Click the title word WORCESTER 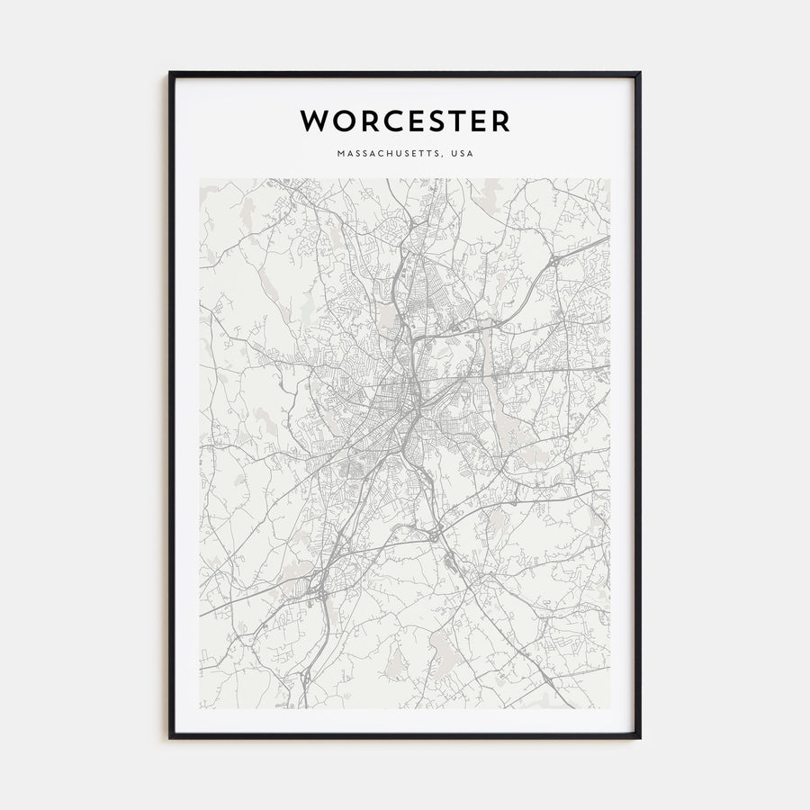pyautogui.click(x=405, y=120)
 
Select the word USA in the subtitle pyautogui.click(x=463, y=154)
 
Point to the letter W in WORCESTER pyautogui.click(x=313, y=120)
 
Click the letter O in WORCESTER pyautogui.click(x=340, y=120)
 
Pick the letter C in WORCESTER pyautogui.click(x=389, y=120)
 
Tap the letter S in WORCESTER pyautogui.click(x=436, y=120)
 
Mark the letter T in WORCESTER pyautogui.click(x=458, y=120)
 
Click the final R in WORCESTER pyautogui.click(x=501, y=120)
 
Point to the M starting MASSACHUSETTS pyautogui.click(x=341, y=154)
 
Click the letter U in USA pyautogui.click(x=455, y=154)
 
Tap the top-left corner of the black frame pyautogui.click(x=170, y=73)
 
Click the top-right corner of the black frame pyautogui.click(x=640, y=73)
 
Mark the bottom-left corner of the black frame pyautogui.click(x=170, y=738)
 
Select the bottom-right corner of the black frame pyautogui.click(x=640, y=738)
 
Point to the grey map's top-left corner pyautogui.click(x=200, y=178)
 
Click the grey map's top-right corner pyautogui.click(x=610, y=178)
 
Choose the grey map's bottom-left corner pyautogui.click(x=200, y=708)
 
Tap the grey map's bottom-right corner pyautogui.click(x=610, y=708)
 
